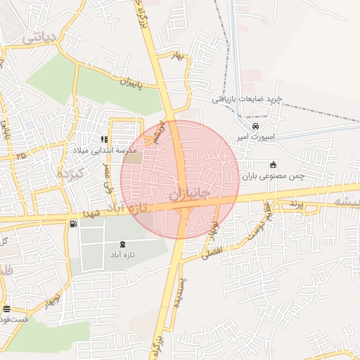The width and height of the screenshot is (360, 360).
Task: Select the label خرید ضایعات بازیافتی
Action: (247, 99)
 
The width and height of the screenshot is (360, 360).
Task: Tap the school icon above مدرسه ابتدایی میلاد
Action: (104, 139)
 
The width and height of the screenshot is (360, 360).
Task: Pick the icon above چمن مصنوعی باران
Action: (274, 165)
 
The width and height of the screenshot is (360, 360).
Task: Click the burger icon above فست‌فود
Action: (6, 309)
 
